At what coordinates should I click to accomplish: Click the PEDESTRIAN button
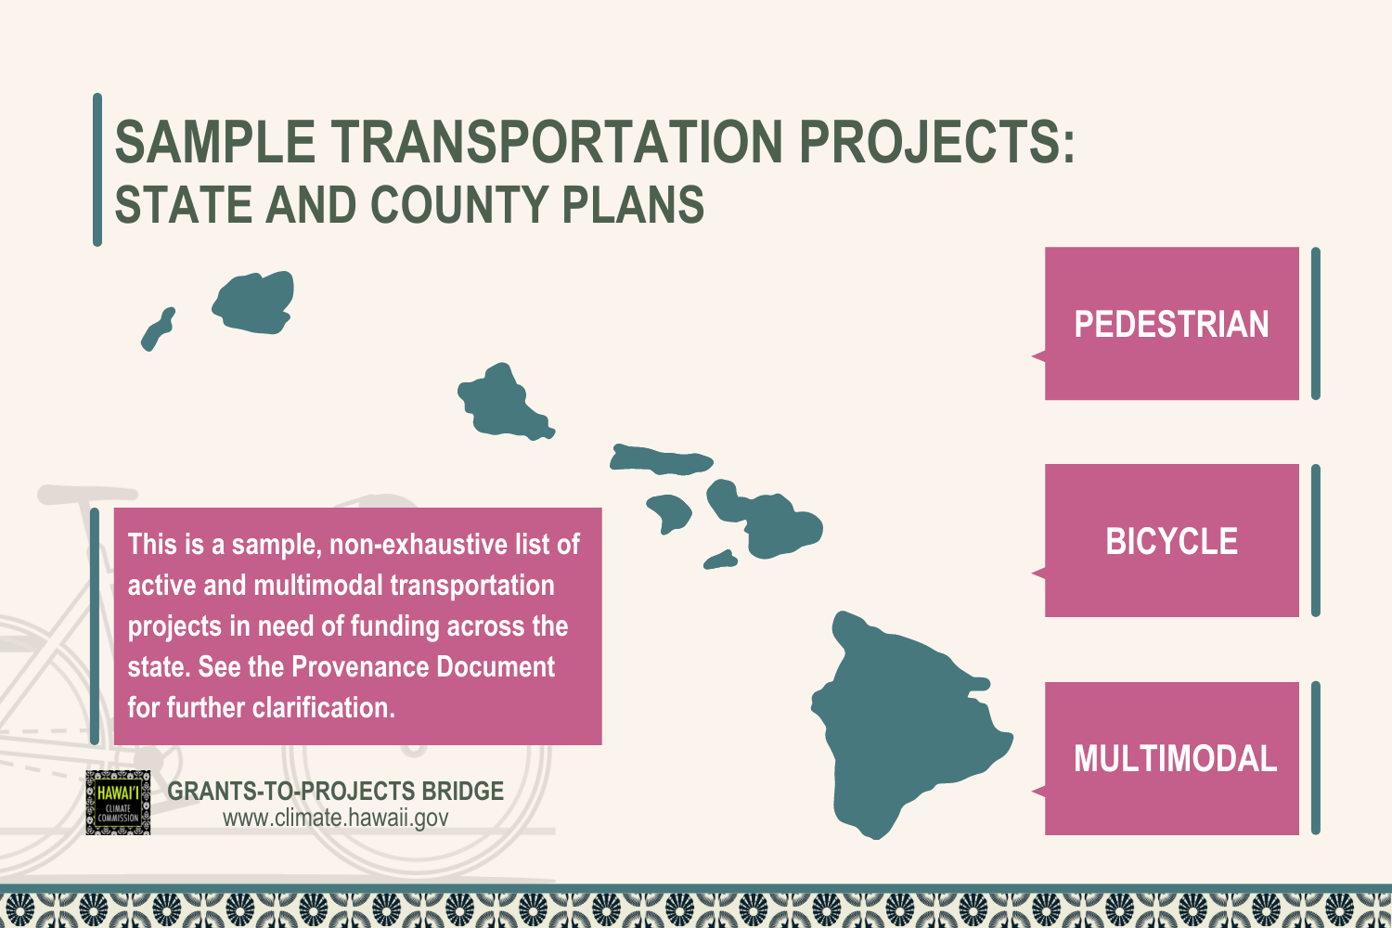(x=1171, y=324)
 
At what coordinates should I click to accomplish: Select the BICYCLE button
(x=1171, y=541)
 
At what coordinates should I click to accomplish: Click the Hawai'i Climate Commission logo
(x=118, y=803)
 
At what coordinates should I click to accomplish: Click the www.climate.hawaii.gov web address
(x=335, y=818)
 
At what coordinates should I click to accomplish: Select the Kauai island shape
(x=253, y=303)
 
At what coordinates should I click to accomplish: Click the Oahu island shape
(x=502, y=404)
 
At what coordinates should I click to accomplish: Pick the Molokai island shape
(x=661, y=460)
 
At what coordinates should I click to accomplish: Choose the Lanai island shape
(x=669, y=511)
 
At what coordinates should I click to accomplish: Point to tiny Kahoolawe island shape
(x=721, y=560)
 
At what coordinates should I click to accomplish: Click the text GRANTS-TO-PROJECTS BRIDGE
(x=335, y=791)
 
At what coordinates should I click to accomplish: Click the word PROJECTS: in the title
(x=936, y=143)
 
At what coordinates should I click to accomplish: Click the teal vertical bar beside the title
(x=97, y=170)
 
